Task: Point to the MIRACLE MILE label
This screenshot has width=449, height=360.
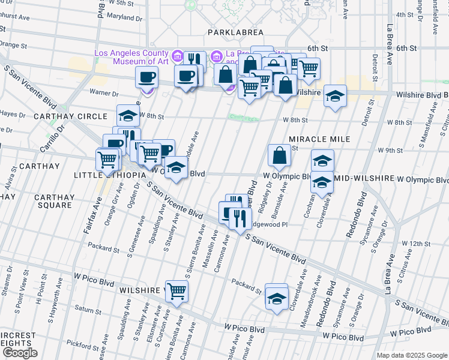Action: click(319, 139)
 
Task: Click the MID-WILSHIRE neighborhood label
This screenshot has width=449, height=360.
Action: click(364, 179)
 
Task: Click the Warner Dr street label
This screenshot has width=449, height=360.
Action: click(104, 93)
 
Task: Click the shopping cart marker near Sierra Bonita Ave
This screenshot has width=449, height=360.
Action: click(177, 292)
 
